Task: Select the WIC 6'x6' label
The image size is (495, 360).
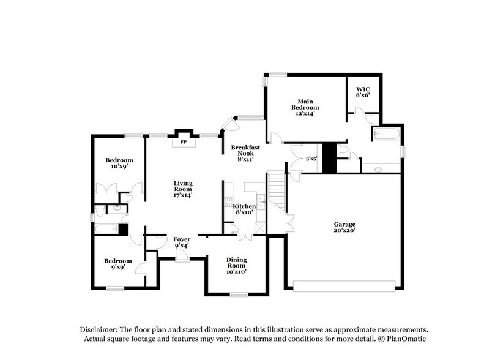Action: pyautogui.click(x=363, y=92)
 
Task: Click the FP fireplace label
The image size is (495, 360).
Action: pyautogui.click(x=182, y=141)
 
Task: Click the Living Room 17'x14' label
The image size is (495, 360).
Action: pyautogui.click(x=182, y=189)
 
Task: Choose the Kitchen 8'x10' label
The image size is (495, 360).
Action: pyautogui.click(x=245, y=210)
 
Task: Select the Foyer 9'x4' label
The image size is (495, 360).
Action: pyautogui.click(x=182, y=242)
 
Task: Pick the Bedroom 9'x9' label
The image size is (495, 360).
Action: pyautogui.click(x=117, y=263)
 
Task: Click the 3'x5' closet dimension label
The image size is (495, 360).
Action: pyautogui.click(x=310, y=160)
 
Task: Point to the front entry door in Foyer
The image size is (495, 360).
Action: pyautogui.click(x=182, y=258)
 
